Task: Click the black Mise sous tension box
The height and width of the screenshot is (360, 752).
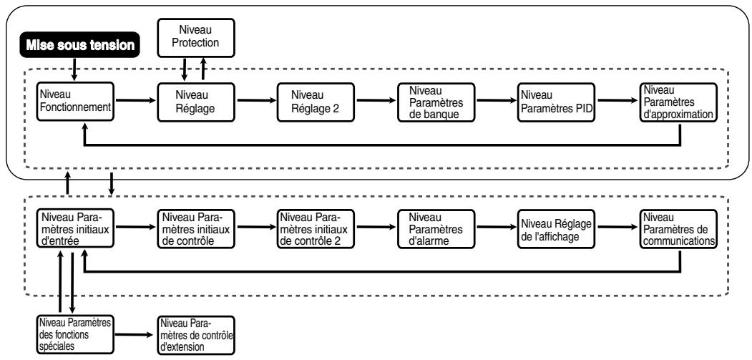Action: [80, 46]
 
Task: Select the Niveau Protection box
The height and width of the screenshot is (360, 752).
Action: [195, 37]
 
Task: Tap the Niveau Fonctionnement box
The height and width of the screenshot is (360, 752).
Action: [76, 102]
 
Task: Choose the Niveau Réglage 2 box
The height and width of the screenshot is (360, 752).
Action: [316, 102]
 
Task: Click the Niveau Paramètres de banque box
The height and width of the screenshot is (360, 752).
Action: [436, 102]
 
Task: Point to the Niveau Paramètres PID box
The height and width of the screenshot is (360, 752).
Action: [557, 102]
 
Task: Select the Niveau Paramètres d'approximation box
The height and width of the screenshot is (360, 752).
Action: [678, 102]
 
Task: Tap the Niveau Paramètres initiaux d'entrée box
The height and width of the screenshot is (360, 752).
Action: [76, 228]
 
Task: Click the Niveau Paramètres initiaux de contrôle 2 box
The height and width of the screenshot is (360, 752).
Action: [316, 228]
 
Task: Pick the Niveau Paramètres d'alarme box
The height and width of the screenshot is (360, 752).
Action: [436, 228]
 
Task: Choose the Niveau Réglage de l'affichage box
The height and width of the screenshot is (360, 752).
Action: [557, 228]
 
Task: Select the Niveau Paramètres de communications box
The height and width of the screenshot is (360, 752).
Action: [678, 228]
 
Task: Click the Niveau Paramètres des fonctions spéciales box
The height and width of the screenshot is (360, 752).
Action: [76, 334]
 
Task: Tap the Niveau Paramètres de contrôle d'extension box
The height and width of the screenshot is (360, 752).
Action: [195, 334]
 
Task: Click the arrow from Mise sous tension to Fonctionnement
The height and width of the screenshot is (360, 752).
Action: [74, 70]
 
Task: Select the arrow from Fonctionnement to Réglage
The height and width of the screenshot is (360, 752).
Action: [136, 100]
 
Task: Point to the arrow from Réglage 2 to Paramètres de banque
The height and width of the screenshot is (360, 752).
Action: [376, 100]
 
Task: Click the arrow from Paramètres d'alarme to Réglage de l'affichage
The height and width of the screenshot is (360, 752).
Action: [497, 227]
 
